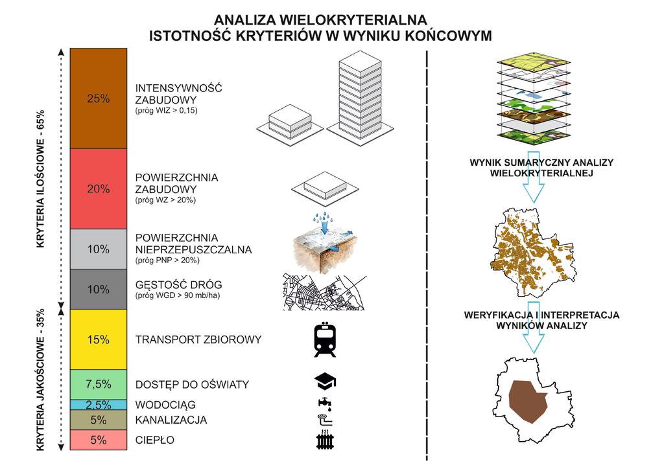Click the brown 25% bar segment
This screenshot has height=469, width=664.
tap(99, 98)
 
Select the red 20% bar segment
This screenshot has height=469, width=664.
tap(99, 189)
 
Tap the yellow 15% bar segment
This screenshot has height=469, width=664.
tap(99, 339)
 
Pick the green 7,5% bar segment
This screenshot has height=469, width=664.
tap(99, 384)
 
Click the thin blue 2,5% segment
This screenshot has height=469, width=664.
tap(99, 405)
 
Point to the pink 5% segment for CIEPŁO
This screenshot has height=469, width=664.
tap(99, 440)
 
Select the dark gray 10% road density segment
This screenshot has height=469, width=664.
tap(99, 290)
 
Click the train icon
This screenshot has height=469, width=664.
tap(325, 339)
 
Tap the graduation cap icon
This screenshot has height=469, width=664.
tap(326, 382)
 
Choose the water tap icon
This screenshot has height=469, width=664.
tap(326, 404)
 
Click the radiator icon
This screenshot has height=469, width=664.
tap(325, 439)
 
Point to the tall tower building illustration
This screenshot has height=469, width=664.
tap(360, 96)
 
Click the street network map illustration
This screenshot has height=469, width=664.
tap(324, 292)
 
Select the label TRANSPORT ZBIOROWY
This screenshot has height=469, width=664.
tap(198, 339)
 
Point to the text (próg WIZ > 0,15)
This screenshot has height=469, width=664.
tap(167, 111)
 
